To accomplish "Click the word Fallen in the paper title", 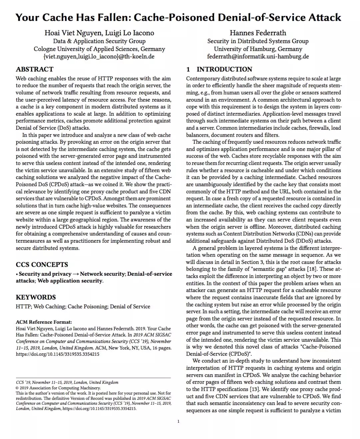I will (111, 17).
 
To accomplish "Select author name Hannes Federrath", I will (258, 33).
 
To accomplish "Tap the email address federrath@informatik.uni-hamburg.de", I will (258, 56).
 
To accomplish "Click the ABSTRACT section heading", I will (35, 69).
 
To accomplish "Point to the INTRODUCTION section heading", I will (224, 69).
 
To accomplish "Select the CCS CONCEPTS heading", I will (42, 265).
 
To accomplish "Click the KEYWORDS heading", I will (36, 297).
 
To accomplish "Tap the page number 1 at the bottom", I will (178, 421).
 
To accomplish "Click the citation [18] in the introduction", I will (312, 269).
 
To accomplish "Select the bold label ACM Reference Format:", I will (44, 322).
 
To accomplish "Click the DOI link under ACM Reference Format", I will (57, 354).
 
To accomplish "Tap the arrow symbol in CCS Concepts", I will (76, 274).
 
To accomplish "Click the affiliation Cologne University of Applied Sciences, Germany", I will (99, 49).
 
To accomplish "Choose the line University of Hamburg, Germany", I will (258, 49).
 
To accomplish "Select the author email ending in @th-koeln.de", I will (99, 56).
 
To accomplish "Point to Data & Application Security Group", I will (99, 41).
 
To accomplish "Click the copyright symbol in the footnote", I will (17, 388).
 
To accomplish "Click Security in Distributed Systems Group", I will (258, 41).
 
